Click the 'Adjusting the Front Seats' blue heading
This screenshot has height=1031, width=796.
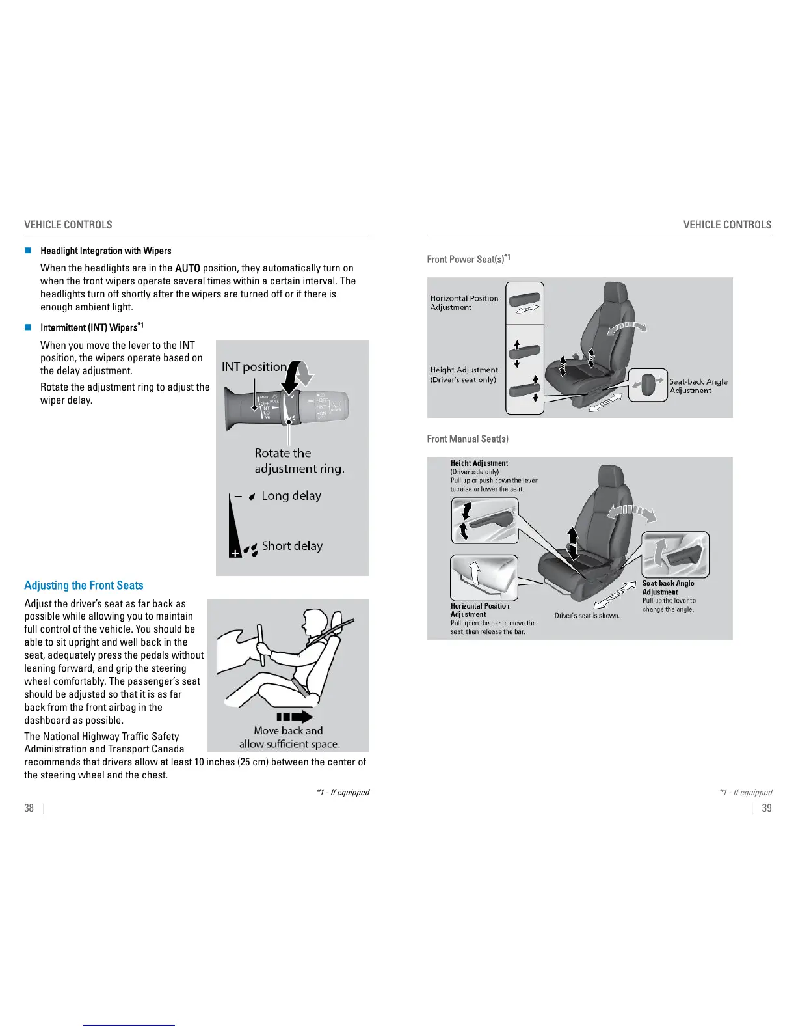[x=83, y=585]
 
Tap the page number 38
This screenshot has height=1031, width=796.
[x=29, y=808]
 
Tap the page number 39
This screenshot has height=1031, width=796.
[x=767, y=808]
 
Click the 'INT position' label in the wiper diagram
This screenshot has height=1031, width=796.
[x=254, y=366]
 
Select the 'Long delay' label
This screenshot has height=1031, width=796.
[x=291, y=496]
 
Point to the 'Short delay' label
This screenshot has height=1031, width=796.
[x=292, y=546]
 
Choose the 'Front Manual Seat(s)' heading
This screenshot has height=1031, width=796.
[x=468, y=439]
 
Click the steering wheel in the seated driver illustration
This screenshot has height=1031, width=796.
[x=261, y=644]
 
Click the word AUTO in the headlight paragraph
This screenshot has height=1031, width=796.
[x=187, y=268]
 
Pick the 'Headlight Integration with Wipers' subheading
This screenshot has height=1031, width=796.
[x=105, y=251]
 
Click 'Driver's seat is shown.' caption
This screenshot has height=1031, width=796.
[x=587, y=616]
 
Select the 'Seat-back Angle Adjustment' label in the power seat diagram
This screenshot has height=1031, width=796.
[x=698, y=386]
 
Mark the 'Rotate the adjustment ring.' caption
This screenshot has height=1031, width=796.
[x=299, y=461]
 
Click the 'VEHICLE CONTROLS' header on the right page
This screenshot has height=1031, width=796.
[x=727, y=225]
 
